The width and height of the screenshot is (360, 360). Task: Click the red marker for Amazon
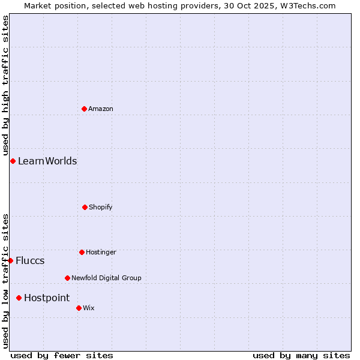[x=84, y=109]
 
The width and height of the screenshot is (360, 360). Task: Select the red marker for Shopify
[x=85, y=207]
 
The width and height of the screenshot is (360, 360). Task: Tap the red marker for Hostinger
[x=82, y=252]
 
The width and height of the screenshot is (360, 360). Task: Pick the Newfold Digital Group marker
[x=67, y=278]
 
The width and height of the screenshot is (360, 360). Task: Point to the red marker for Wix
[x=79, y=308]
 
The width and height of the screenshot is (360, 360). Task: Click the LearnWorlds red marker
[x=13, y=161]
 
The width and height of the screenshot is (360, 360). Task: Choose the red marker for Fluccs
[x=10, y=260]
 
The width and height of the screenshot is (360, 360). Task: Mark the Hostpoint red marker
[x=19, y=298]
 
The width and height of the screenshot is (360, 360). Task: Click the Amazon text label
[x=101, y=109]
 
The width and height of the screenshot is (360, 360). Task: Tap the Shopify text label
[x=101, y=207]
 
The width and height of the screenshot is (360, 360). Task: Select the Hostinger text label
[x=101, y=252]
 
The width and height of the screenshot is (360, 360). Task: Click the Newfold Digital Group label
[x=106, y=278]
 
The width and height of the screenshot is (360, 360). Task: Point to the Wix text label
[x=89, y=308]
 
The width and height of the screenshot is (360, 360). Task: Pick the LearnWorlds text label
[x=47, y=161]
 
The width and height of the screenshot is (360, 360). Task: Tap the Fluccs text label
[x=30, y=260]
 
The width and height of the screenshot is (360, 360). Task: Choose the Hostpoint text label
[x=47, y=298]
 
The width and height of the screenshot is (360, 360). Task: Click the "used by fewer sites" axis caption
[x=62, y=355]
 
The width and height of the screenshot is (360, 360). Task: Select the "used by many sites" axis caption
[x=301, y=355]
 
